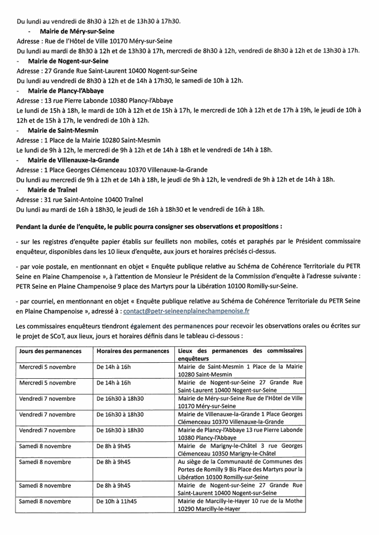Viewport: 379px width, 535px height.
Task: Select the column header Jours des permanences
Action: click(x=50, y=351)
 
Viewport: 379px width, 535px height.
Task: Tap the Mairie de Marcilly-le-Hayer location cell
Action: click(x=241, y=506)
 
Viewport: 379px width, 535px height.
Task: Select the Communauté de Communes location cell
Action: click(x=241, y=469)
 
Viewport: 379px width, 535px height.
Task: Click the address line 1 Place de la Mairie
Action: click(x=85, y=140)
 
